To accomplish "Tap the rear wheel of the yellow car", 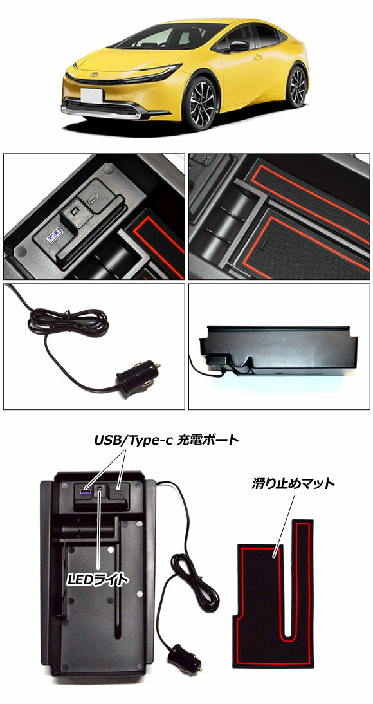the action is [296, 87].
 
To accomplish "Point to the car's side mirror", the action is [238, 46].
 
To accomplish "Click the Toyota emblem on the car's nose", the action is [94, 75].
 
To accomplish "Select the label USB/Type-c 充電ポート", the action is [166, 440].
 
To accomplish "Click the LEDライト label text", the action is [97, 580].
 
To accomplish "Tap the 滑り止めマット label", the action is [293, 483].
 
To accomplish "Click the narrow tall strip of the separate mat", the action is [302, 584].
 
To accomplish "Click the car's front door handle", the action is [258, 57].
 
